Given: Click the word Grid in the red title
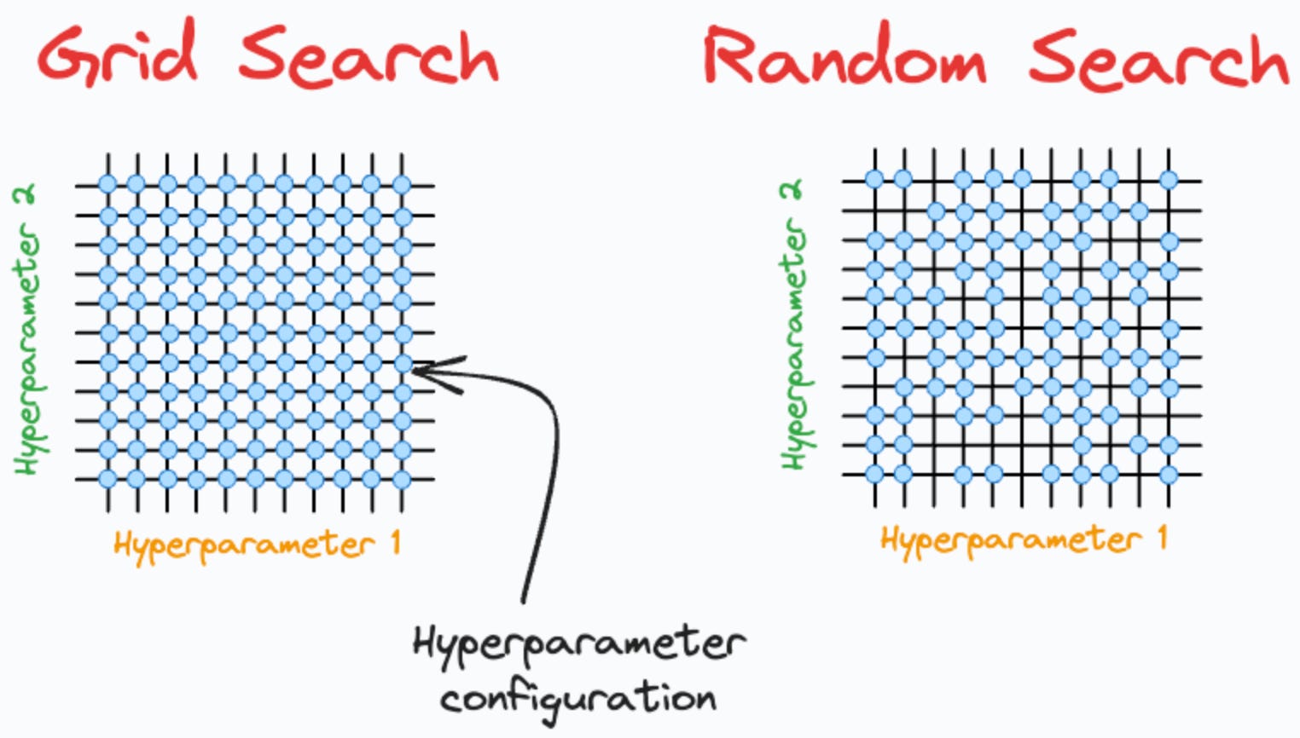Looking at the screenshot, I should click(x=118, y=53).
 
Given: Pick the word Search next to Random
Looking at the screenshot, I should click(x=1158, y=60).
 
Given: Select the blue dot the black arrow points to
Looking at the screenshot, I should click(x=403, y=364).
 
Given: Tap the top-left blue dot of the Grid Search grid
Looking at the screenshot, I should click(x=107, y=184).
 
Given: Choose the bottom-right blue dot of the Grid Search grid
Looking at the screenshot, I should click(x=403, y=479).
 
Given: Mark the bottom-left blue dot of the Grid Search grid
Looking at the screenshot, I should click(x=107, y=479).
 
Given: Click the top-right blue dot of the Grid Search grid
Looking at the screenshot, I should click(x=403, y=184).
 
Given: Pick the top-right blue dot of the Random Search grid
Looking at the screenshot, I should click(x=1169, y=180).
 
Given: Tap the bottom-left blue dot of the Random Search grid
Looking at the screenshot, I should click(x=874, y=474).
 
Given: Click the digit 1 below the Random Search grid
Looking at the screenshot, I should click(x=1162, y=538).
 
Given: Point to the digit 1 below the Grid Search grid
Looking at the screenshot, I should click(x=394, y=543).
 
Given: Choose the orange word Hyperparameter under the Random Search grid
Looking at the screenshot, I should click(x=1011, y=540).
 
